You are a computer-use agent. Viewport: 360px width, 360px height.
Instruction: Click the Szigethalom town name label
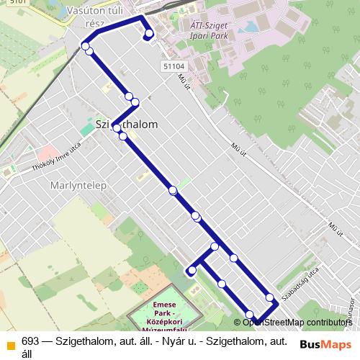point(126,125)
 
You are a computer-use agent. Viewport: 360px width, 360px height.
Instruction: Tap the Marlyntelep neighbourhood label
point(79,185)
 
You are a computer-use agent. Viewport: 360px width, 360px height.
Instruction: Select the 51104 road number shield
point(173,66)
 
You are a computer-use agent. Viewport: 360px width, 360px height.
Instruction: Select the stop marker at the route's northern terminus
point(148,34)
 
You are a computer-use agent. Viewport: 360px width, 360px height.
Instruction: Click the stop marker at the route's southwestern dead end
point(192,271)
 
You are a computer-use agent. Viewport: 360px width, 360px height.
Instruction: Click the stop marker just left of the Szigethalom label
point(116,129)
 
